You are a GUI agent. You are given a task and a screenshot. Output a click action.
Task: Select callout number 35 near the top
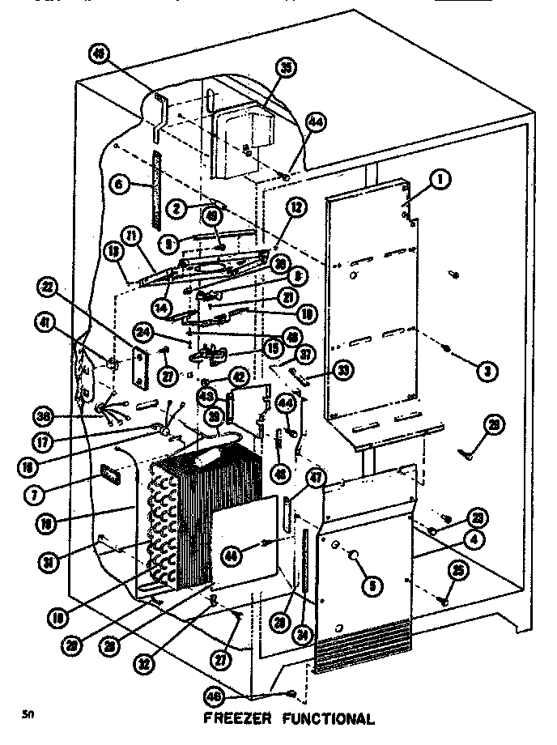tap(284, 69)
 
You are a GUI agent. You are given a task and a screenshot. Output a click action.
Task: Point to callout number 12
tap(296, 208)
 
